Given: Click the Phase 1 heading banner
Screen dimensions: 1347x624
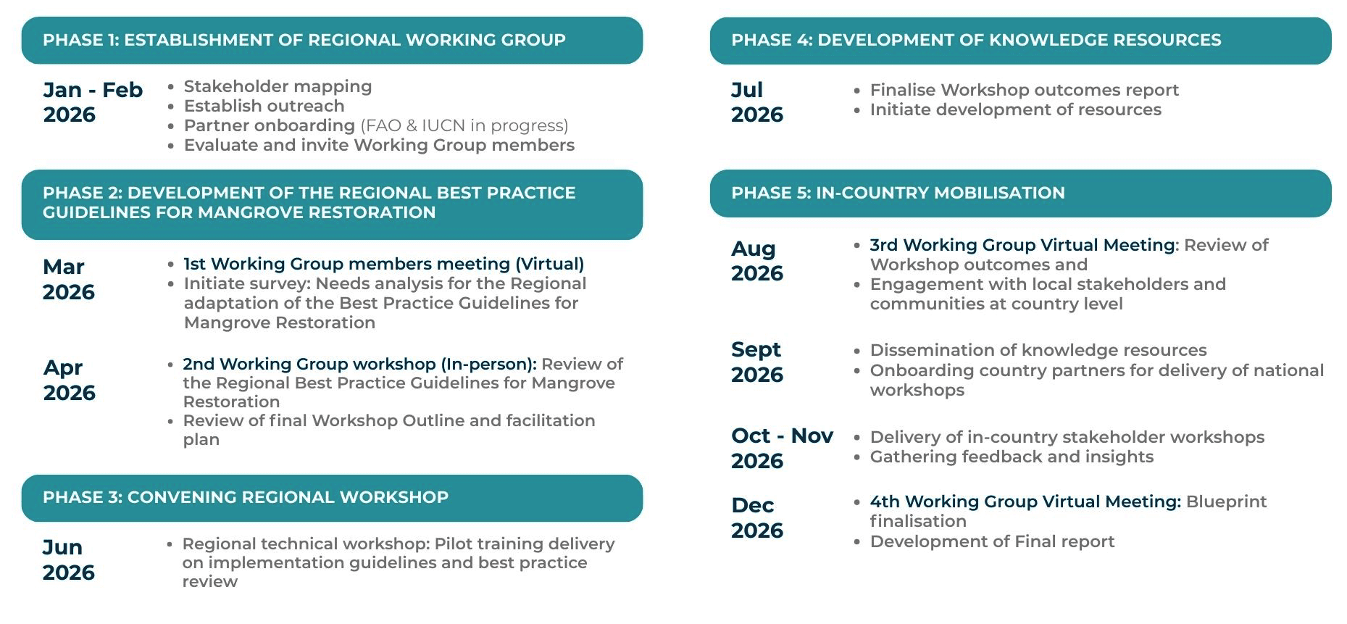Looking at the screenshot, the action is [x=332, y=41].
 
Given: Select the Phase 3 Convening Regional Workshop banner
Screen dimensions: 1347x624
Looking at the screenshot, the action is [x=332, y=498].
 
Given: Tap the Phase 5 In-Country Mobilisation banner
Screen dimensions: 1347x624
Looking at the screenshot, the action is [x=1020, y=194].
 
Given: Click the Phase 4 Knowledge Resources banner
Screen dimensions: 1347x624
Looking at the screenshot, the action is [x=1020, y=41].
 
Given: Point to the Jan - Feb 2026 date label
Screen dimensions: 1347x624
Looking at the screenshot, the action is [x=93, y=102].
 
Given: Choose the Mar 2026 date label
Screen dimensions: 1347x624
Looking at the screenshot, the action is [x=68, y=279].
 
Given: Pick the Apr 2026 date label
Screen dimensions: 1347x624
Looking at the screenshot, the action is [x=69, y=380].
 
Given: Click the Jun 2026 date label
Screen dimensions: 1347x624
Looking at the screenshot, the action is [x=68, y=559].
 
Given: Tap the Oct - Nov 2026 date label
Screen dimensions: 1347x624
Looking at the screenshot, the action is [x=782, y=448].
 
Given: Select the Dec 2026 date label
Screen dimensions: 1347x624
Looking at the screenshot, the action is [x=757, y=517].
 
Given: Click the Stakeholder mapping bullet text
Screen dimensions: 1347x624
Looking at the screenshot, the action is [x=278, y=87].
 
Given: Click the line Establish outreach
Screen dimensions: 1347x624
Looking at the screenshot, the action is [x=264, y=107].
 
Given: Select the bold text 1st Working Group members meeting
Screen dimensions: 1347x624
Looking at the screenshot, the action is [x=346, y=264].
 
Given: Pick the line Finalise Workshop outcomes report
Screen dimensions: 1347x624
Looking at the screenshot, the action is [x=1024, y=90].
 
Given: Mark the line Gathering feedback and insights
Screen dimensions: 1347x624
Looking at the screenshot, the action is [x=1012, y=457].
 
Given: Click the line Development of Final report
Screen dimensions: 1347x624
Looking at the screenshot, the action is [x=992, y=541].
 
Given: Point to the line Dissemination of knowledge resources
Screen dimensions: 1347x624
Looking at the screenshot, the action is [x=1038, y=350].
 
